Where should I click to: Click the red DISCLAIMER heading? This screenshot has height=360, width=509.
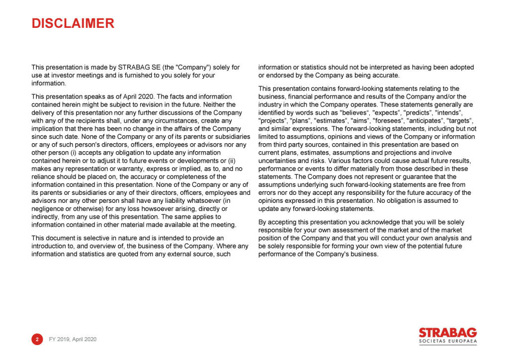[73, 23]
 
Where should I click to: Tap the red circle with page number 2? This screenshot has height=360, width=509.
[37, 339]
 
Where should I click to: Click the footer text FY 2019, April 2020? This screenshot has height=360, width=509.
[73, 339]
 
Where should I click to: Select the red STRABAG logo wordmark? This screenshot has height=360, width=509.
[447, 333]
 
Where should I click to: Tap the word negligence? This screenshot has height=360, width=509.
[48, 209]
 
